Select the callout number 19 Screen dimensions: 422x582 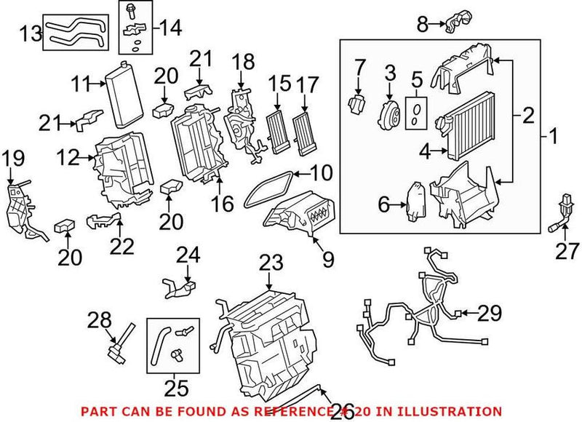(x=12, y=156)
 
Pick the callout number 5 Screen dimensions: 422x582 (x=417, y=78)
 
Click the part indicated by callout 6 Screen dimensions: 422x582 (x=415, y=201)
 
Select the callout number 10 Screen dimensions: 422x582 (x=321, y=173)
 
